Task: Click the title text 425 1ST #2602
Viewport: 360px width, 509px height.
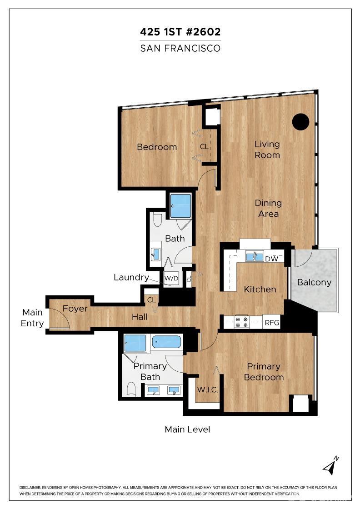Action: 180,32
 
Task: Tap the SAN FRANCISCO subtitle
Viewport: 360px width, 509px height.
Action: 180,48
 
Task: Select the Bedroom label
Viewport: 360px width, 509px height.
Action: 157,147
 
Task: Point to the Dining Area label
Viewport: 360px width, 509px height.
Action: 268,209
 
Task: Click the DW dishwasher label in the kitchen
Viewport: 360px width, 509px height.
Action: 272,259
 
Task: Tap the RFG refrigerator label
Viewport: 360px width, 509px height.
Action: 272,323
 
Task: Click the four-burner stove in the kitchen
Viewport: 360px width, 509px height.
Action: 241,322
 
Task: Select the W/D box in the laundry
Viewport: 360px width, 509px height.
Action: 170,278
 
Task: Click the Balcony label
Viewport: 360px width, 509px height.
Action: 314,282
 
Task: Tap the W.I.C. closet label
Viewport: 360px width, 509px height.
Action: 207,390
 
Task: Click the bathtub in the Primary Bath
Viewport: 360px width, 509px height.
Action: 166,341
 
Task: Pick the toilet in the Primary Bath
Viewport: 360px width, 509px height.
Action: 132,389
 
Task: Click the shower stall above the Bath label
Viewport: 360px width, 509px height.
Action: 180,206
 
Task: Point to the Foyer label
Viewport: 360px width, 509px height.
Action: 75,309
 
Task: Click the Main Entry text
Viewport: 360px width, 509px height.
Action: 33,318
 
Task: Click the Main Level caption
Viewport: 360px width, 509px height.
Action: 187,429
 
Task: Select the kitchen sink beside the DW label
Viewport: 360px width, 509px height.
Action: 255,256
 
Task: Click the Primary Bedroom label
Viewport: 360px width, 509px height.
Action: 264,372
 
